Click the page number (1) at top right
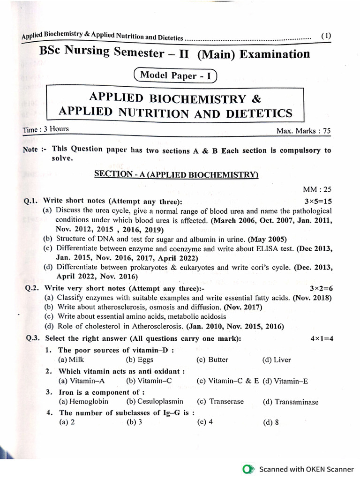click(326, 36)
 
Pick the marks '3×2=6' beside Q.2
click(320, 289)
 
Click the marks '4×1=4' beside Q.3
click(321, 339)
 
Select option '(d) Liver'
click(277, 360)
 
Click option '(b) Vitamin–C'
click(143, 381)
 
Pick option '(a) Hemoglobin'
click(83, 402)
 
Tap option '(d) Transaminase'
click(290, 402)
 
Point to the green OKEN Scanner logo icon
click(248, 469)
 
